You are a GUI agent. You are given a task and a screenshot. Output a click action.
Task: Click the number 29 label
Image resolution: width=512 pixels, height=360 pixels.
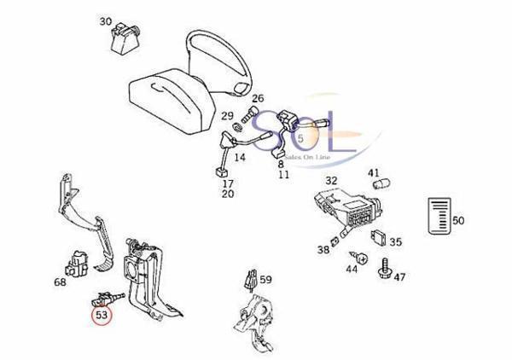click(x=228, y=115)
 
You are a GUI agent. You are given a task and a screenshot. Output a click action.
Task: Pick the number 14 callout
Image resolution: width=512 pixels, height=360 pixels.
click(x=240, y=158)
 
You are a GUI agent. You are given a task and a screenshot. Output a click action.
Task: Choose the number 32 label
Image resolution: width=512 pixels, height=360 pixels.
click(x=331, y=181)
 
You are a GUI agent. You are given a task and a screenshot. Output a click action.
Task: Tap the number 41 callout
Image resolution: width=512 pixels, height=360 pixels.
click(x=374, y=173)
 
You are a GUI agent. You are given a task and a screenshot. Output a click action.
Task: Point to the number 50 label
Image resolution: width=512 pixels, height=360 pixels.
click(x=458, y=221)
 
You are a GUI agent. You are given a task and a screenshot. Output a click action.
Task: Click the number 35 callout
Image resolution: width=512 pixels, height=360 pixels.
click(x=395, y=241)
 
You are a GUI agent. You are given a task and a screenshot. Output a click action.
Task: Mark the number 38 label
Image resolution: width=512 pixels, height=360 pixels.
click(x=322, y=250)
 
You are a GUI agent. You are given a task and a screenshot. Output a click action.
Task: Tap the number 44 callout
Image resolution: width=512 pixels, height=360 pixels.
click(x=352, y=270)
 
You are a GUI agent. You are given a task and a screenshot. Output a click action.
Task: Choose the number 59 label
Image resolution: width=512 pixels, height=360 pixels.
click(x=266, y=279)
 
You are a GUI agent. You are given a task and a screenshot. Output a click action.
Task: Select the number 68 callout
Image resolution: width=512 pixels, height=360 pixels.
click(x=60, y=282)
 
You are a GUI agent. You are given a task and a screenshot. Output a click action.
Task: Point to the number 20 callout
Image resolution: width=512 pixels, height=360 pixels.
click(x=228, y=195)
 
